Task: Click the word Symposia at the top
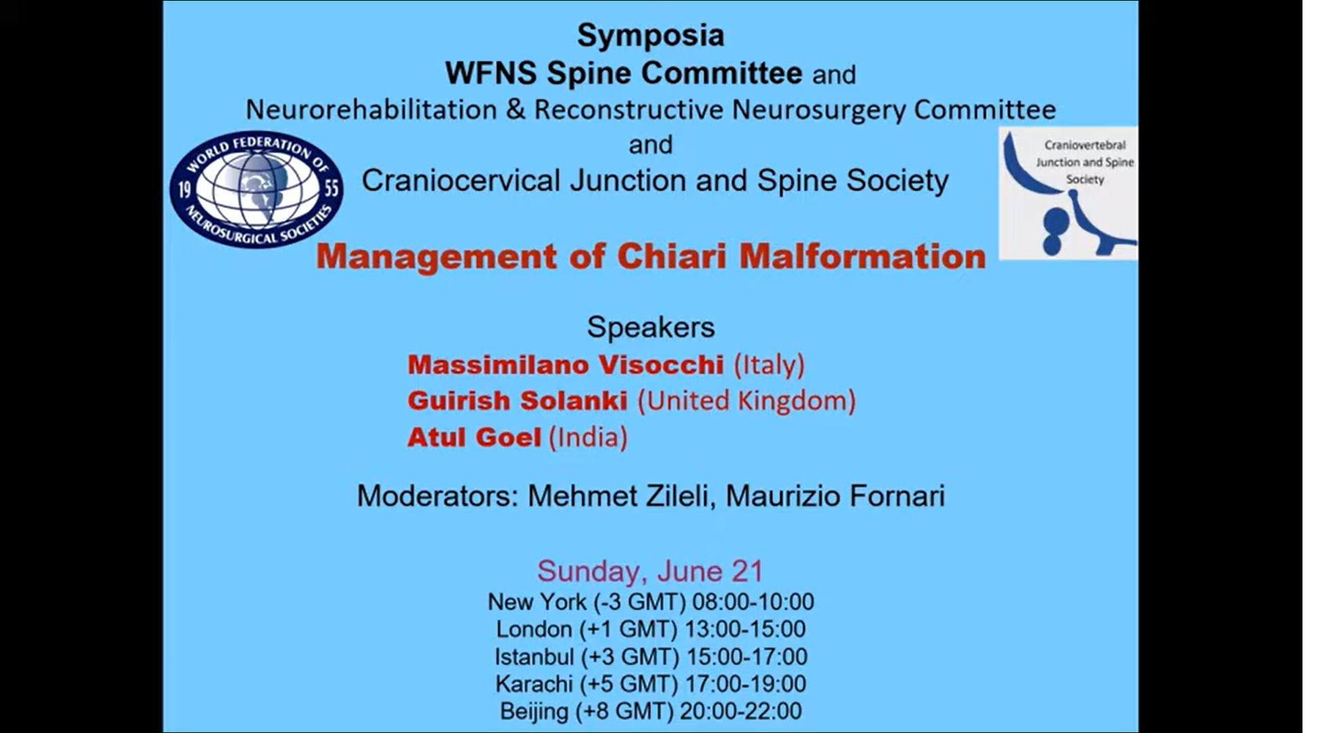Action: (650, 36)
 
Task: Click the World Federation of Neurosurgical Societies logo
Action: (257, 189)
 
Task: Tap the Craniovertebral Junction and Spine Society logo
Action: (1068, 193)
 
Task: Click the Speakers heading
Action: (651, 327)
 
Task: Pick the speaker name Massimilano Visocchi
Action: (565, 365)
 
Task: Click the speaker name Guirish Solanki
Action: (517, 401)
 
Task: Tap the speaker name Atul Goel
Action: (474, 437)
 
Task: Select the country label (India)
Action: (588, 438)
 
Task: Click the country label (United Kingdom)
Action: (747, 401)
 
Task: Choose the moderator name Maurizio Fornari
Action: (836, 496)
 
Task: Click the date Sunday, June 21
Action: (650, 571)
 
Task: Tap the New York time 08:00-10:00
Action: (753, 602)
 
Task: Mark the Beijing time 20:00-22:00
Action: (740, 711)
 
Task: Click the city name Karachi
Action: (533, 684)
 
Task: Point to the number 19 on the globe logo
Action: (184, 189)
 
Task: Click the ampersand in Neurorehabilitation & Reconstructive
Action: (516, 110)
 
